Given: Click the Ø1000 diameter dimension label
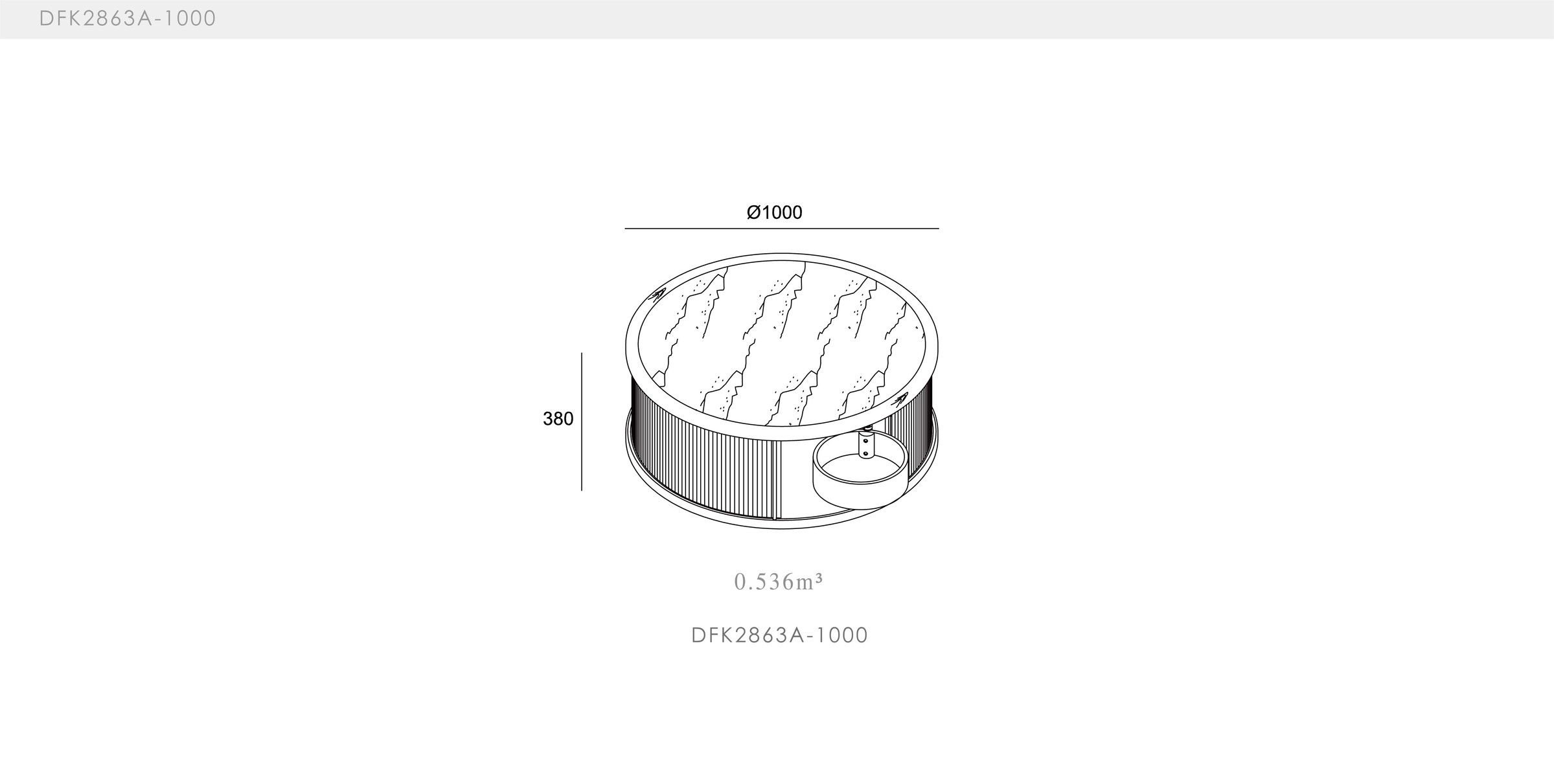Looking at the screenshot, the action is (x=774, y=212).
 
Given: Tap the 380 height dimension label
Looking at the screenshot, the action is (x=558, y=420).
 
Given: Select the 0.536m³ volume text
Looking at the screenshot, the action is (x=778, y=582).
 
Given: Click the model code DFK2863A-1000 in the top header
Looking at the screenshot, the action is (x=128, y=19).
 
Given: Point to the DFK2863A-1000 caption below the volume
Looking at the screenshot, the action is (x=779, y=635).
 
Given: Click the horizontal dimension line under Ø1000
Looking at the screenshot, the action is (x=781, y=229).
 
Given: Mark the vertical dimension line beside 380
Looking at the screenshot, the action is (x=582, y=422).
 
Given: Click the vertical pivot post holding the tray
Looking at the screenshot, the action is (x=865, y=444).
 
